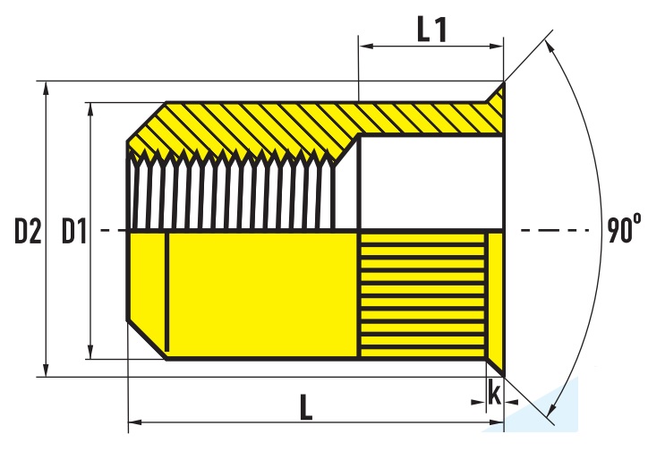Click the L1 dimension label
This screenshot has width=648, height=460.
(432, 30)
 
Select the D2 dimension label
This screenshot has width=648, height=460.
(28, 232)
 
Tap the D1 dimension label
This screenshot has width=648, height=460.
(74, 232)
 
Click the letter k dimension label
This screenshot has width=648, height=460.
(494, 392)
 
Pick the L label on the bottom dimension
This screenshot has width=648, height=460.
(306, 407)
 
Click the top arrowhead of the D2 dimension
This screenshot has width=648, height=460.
(47, 88)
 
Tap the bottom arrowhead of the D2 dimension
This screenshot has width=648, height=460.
(47, 371)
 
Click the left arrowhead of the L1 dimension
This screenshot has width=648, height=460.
(366, 46)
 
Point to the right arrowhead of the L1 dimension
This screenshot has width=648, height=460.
(497, 46)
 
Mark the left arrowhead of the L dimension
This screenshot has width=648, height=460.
(135, 422)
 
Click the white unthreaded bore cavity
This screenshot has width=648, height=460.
(432, 182)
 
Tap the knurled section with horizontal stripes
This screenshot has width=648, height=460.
(422, 295)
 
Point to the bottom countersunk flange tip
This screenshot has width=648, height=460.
(504, 376)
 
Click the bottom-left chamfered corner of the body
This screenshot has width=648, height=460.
(147, 340)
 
